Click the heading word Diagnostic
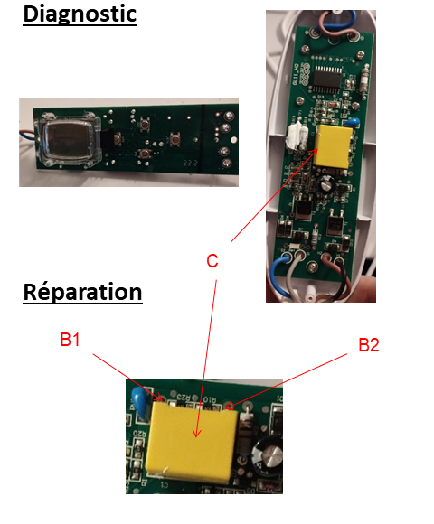coord(80,14)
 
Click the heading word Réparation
coord(82,292)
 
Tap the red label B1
coord(70,340)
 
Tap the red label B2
coord(369,345)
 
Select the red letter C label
coord(212,261)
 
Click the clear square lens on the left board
coord(69,140)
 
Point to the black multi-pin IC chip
coord(326,80)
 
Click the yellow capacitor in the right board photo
coord(333,146)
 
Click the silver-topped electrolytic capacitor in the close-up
coord(269,455)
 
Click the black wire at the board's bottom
coord(340,278)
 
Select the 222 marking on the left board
coord(191,163)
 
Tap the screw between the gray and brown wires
coord(313,267)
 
